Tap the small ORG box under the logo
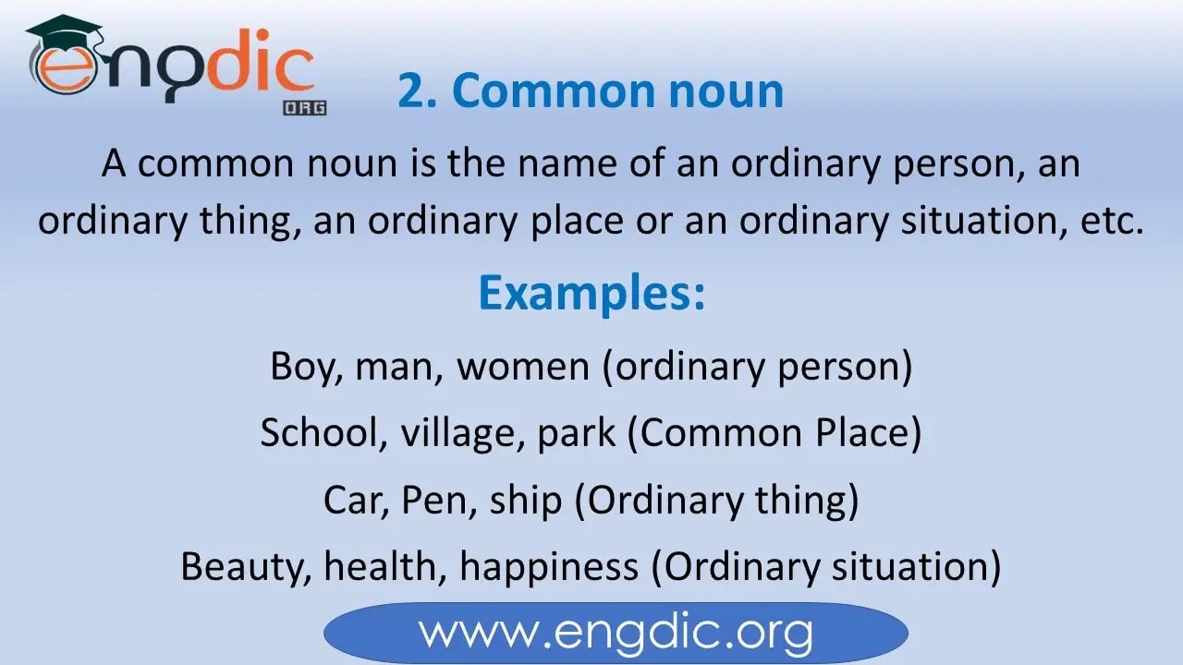tap(305, 107)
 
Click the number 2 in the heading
tap(415, 91)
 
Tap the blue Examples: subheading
tap(591, 293)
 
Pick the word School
tap(322, 433)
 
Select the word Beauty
tap(243, 566)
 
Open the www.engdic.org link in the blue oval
tap(616, 634)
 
